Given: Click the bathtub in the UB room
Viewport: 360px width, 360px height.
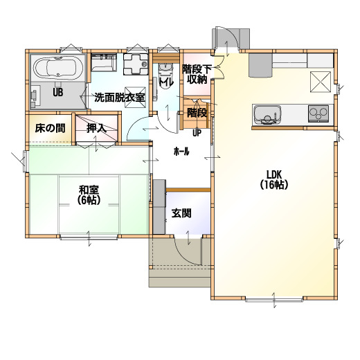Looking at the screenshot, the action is tap(58, 68).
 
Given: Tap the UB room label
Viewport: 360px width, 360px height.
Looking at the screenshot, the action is tap(58, 93).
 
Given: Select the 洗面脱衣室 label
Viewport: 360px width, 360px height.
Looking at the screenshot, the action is tap(120, 98).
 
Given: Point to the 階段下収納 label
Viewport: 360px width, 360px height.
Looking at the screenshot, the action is tap(197, 74).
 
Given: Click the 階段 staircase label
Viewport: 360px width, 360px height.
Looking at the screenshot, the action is tap(197, 113).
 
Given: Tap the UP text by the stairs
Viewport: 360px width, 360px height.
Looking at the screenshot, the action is tap(197, 133).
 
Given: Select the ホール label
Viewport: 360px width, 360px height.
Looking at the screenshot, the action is tap(181, 152).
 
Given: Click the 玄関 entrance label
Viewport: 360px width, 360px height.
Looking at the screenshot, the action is tap(181, 213).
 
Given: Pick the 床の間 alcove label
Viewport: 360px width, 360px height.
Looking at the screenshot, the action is tap(50, 128).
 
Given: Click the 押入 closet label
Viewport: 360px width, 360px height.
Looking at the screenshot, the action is tap(96, 128).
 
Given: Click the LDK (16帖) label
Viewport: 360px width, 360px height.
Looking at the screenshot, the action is tap(274, 179).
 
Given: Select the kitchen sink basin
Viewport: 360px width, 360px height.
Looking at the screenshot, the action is tap(267, 115).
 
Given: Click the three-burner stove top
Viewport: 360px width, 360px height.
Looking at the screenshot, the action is tap(318, 114).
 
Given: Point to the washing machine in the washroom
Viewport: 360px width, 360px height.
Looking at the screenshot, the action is tap(136, 64).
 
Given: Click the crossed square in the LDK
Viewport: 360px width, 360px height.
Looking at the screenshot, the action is tap(321, 82).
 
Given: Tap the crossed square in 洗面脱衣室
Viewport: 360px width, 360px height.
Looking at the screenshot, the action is tap(135, 97).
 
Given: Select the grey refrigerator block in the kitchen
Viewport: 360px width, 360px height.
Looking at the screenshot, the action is tap(260, 65).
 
